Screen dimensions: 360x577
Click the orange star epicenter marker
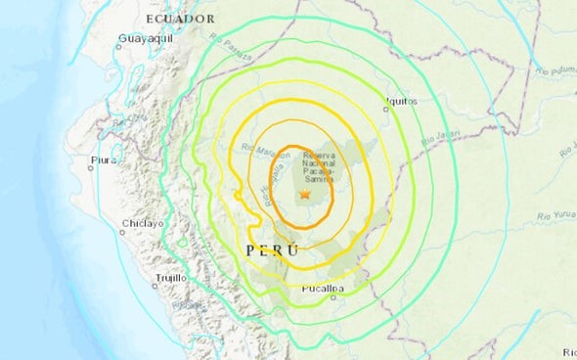(x=305, y=196)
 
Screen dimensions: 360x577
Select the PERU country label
(x=270, y=250)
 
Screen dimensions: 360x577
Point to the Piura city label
(x=100, y=157)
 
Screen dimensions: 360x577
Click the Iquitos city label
(x=401, y=100)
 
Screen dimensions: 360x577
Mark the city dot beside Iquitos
(x=387, y=110)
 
